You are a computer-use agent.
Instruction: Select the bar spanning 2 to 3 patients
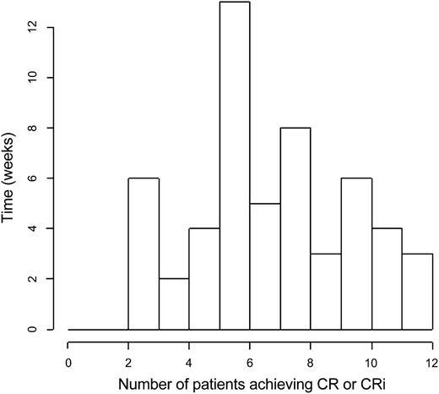point(144,254)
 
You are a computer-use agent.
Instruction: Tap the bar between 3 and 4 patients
point(174,304)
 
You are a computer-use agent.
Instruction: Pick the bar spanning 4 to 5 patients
point(204,279)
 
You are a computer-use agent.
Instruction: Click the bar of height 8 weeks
point(295,228)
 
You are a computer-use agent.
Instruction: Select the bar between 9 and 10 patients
point(356,254)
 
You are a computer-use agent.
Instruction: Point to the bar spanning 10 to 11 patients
point(387,279)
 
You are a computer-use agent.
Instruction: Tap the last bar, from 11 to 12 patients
point(417,292)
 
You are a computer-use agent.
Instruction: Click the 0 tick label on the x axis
point(68,358)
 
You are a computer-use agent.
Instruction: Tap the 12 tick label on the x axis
point(431,358)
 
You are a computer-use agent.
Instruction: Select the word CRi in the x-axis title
point(362,382)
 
